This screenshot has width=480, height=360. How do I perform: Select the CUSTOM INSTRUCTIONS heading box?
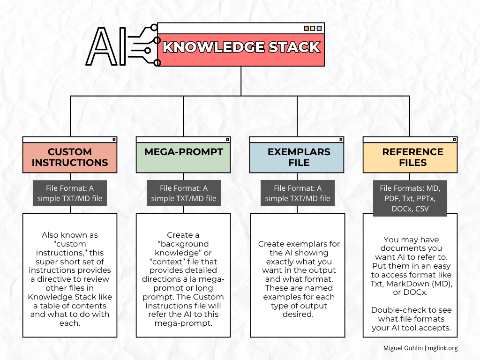[x=70, y=157]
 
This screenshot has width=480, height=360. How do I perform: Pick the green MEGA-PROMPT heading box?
[x=183, y=157]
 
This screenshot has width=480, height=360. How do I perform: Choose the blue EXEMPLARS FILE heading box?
[x=297, y=157]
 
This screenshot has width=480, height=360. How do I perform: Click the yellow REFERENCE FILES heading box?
[x=410, y=157]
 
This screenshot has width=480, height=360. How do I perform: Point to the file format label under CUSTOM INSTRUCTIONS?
[x=70, y=193]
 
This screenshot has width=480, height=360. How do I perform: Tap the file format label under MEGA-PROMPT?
[x=183, y=193]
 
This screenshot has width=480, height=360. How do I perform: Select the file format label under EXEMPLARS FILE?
[x=297, y=193]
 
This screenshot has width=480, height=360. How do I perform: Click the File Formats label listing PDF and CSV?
[x=410, y=198]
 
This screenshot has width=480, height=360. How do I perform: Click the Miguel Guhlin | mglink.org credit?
[x=420, y=348]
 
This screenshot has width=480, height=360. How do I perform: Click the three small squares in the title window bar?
[x=313, y=28]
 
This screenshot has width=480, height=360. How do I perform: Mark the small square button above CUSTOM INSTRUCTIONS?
[x=113, y=139]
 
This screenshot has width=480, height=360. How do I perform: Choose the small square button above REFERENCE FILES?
[x=454, y=139]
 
